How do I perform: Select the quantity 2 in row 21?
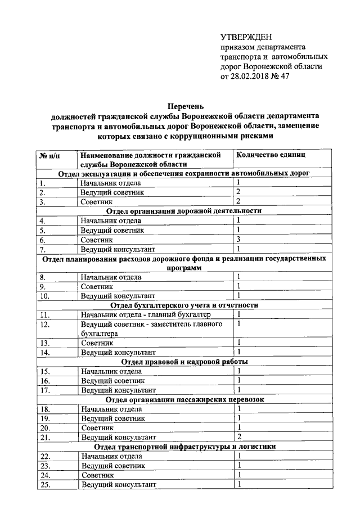(x=240, y=436)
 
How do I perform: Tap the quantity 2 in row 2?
(x=239, y=192)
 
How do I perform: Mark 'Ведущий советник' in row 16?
(x=112, y=381)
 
